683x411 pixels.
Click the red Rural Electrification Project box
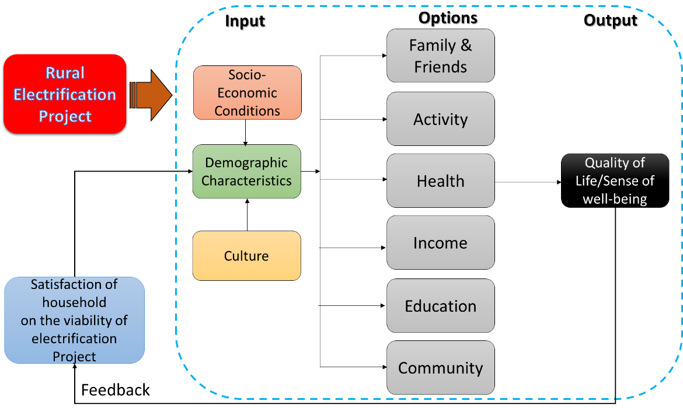click(65, 94)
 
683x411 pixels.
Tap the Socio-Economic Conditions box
click(247, 93)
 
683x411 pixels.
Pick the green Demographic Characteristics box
click(246, 172)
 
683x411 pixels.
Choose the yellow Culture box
click(246, 256)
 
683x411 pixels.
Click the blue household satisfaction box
click(74, 320)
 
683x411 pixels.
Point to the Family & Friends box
click(440, 55)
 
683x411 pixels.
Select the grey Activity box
click(440, 119)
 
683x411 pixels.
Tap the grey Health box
click(440, 181)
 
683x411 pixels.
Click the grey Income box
click(440, 243)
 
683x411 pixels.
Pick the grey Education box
click(440, 306)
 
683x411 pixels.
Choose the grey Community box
click(440, 368)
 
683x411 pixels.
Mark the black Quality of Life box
click(615, 181)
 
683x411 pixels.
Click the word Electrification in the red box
click(65, 95)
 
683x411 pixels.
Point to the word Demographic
click(246, 163)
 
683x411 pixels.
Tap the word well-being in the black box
click(615, 199)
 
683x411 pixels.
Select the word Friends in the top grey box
click(440, 67)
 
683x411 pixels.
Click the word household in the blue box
click(74, 302)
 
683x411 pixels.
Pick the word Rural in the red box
click(65, 73)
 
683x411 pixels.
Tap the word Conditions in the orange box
click(247, 110)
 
